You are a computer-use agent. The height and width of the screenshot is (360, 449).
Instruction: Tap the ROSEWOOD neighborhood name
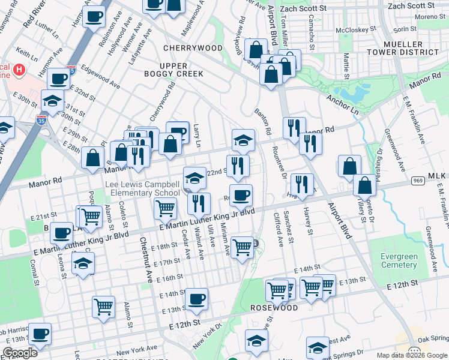point(274,308)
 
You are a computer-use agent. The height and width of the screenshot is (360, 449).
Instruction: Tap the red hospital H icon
point(19,70)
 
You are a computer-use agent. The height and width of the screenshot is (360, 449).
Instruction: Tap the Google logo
point(20,353)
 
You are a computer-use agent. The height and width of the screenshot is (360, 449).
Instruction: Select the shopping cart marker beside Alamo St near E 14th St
point(104,307)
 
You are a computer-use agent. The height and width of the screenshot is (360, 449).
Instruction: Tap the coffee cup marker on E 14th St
point(196,299)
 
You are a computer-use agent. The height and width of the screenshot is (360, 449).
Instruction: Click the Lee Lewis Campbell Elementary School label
point(142,188)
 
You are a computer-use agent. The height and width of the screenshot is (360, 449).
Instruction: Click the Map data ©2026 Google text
point(411,355)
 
